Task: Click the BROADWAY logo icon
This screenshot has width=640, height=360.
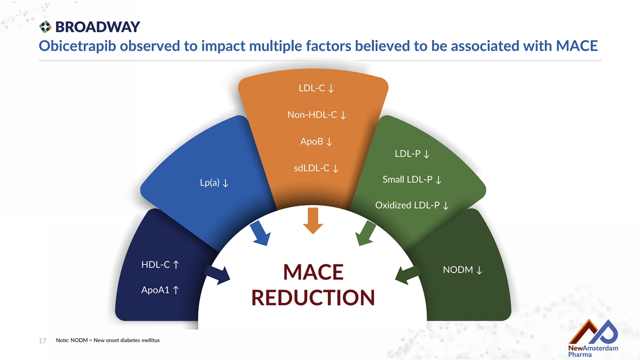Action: tap(45, 27)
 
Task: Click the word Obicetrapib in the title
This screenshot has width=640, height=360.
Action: tap(77, 46)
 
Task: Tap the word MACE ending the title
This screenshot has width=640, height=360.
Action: tap(577, 46)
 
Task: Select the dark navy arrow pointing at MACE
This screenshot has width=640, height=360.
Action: tap(217, 275)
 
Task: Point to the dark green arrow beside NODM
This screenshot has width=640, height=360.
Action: tap(407, 275)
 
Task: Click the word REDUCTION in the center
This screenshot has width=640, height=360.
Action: tap(313, 298)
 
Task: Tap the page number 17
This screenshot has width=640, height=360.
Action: tap(42, 341)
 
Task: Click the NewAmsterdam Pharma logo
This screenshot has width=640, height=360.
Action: tap(593, 338)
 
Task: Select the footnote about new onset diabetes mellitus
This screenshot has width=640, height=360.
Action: tap(108, 340)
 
